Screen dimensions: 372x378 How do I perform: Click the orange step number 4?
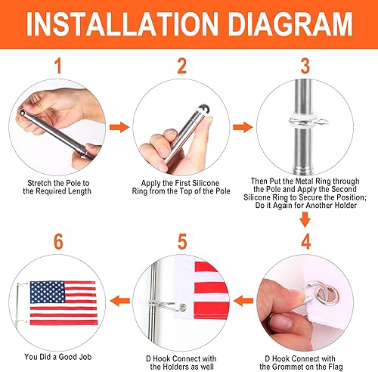305,241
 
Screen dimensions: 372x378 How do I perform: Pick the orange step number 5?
181,241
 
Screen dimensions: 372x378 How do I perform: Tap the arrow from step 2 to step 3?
243,129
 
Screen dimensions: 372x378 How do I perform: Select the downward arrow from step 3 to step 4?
305,220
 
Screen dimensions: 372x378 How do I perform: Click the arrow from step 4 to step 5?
243,300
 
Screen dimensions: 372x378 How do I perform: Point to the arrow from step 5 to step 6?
118,300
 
